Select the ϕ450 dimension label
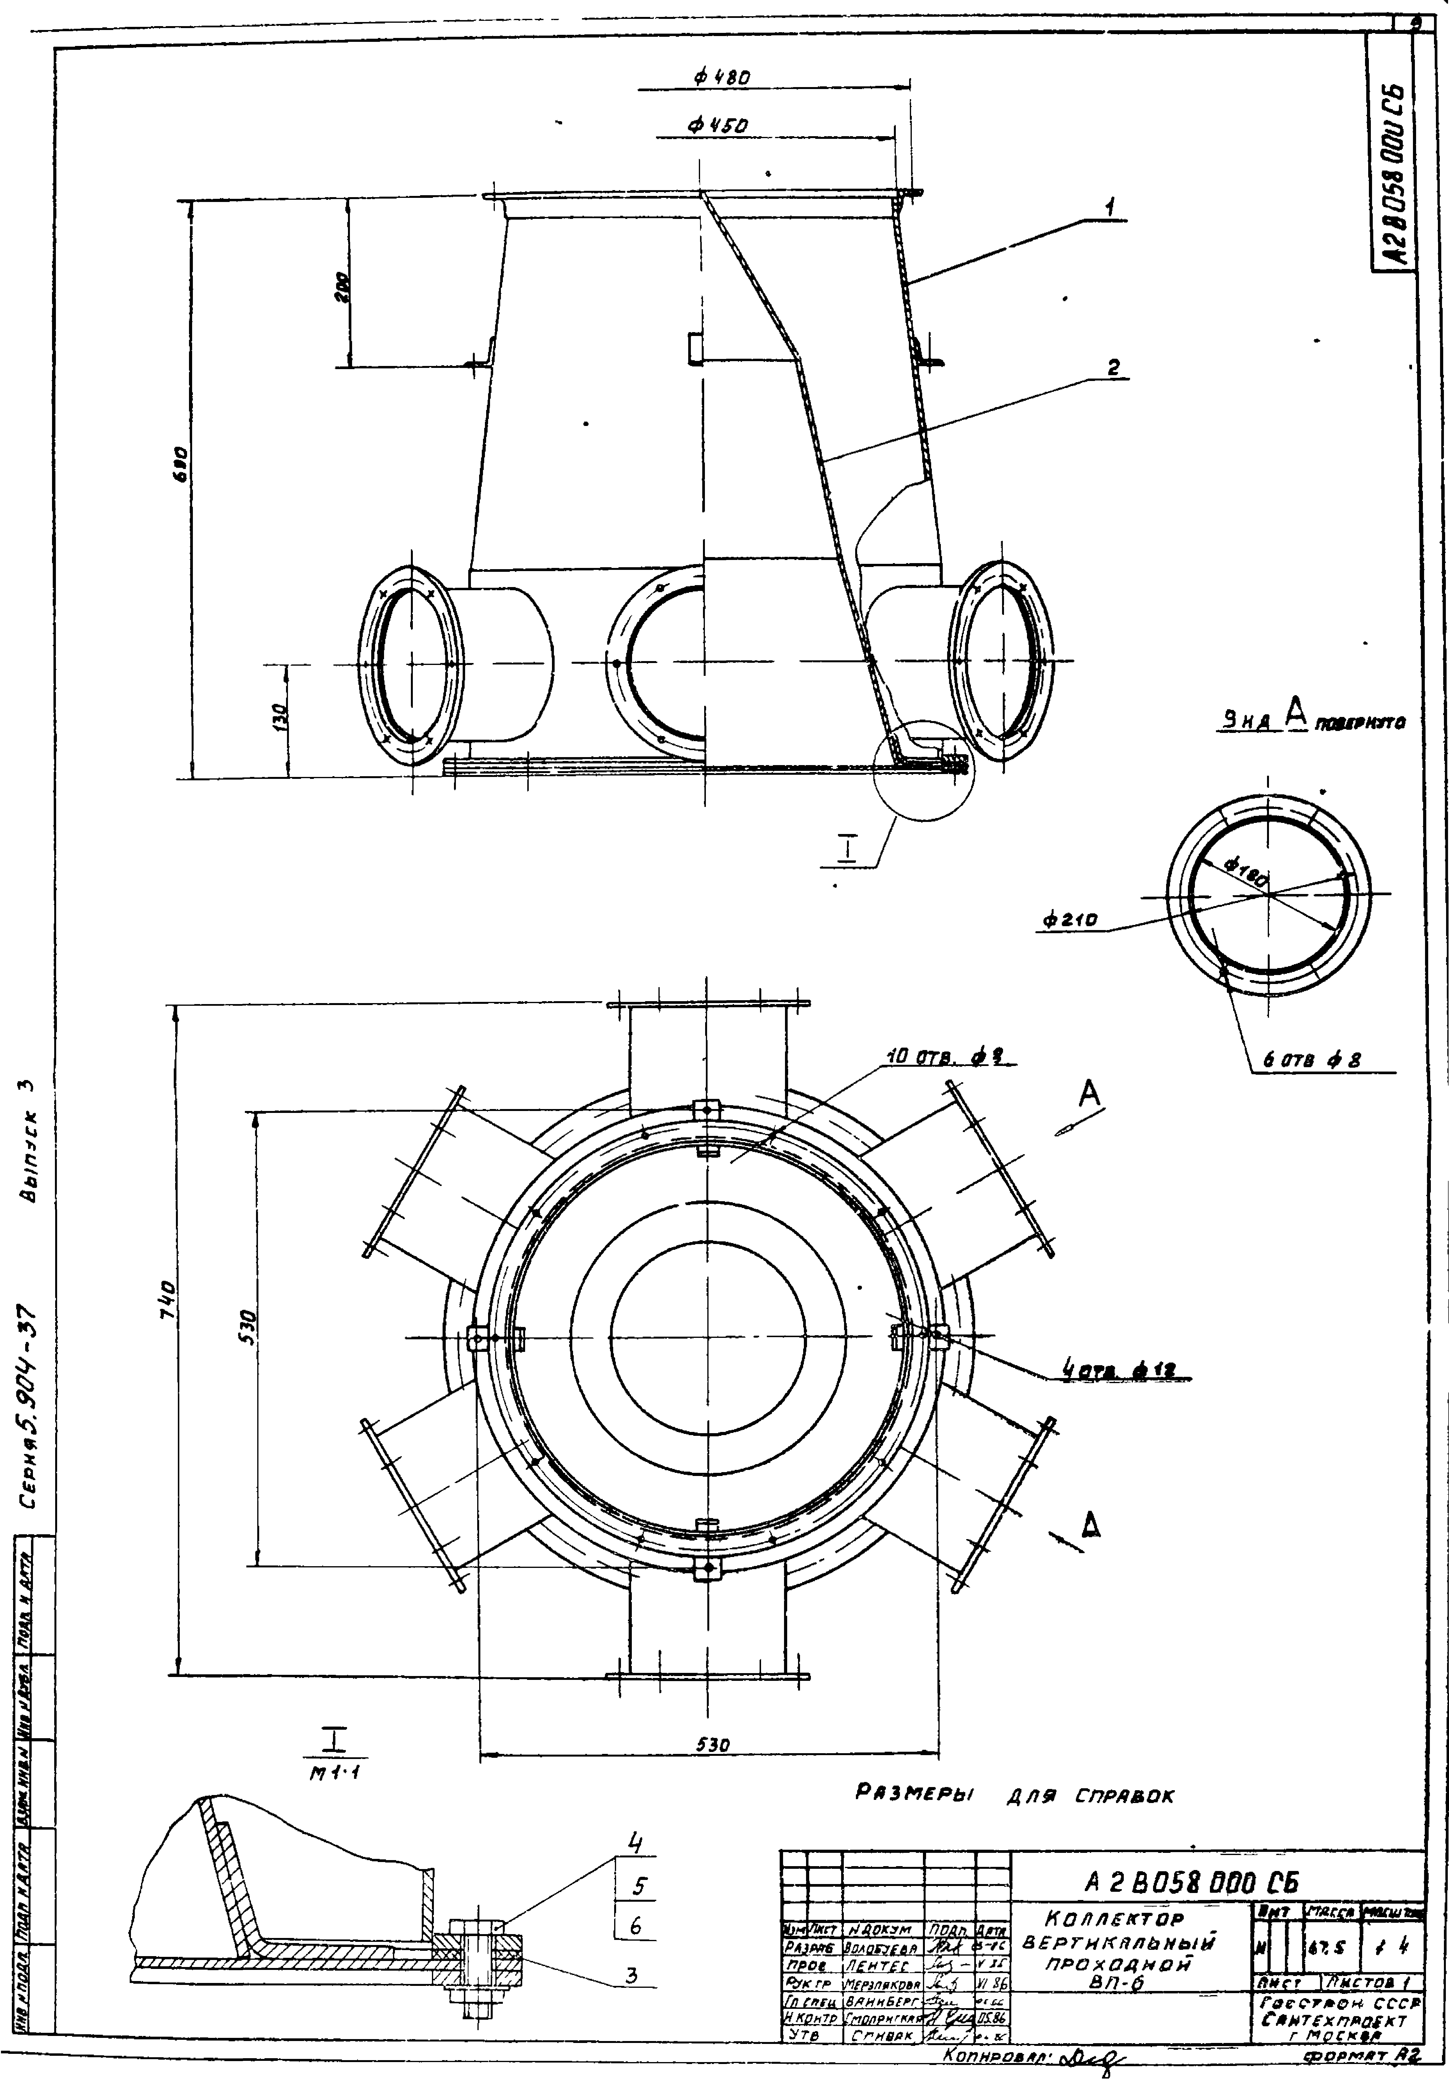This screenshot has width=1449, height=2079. pyautogui.click(x=716, y=127)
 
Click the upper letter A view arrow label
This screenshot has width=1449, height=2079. pyautogui.click(x=1089, y=1095)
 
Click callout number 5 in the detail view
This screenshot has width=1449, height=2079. pyautogui.click(x=639, y=1887)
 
